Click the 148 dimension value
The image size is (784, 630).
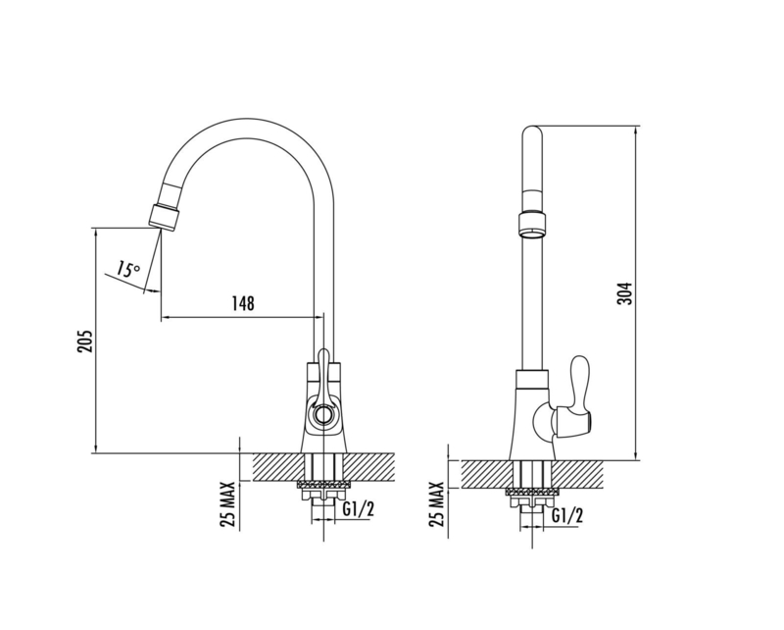[x=242, y=303]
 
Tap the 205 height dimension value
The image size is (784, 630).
[x=85, y=341]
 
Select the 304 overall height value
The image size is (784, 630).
[x=624, y=293]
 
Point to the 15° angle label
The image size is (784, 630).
[x=128, y=269]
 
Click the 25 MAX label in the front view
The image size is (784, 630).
[x=227, y=504]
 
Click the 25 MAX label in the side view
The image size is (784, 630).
[x=436, y=504]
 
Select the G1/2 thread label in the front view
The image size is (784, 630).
[x=359, y=509]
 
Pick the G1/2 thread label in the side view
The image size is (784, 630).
[x=567, y=515]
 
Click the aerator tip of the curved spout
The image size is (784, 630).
[x=164, y=218]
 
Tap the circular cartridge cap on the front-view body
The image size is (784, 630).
[x=322, y=415]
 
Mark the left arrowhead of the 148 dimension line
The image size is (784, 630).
[x=166, y=317]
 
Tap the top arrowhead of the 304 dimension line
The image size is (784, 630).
[x=635, y=131]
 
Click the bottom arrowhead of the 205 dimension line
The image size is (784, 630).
[x=94, y=447]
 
